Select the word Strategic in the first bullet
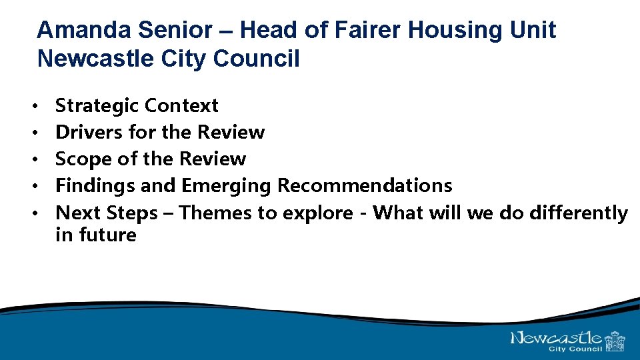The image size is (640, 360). (x=97, y=105)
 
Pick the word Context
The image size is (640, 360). (x=181, y=105)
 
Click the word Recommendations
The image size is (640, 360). (x=365, y=185)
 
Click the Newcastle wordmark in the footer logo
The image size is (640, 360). (x=557, y=338)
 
